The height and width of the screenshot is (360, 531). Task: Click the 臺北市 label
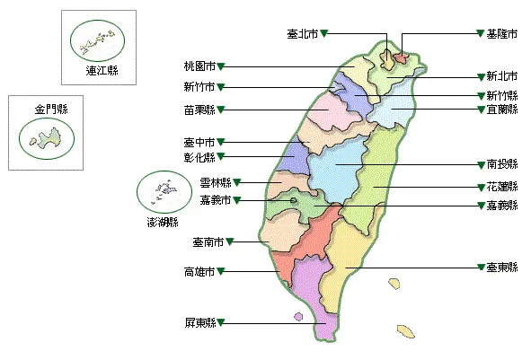[303, 33]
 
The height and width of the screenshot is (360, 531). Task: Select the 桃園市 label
[199, 66]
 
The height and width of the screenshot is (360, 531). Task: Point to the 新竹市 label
[199, 87]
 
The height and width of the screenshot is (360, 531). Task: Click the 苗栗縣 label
[199, 110]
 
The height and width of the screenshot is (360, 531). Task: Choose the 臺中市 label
[199, 141]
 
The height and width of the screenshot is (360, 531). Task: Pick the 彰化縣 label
[199, 157]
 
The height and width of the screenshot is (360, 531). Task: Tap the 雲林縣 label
[216, 183]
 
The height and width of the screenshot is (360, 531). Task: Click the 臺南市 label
[208, 241]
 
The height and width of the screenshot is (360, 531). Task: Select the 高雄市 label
[199, 271]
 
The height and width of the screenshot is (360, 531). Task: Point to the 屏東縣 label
[199, 322]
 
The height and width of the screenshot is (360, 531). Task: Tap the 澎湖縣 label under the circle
[162, 221]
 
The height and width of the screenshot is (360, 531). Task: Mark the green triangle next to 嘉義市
[238, 199]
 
